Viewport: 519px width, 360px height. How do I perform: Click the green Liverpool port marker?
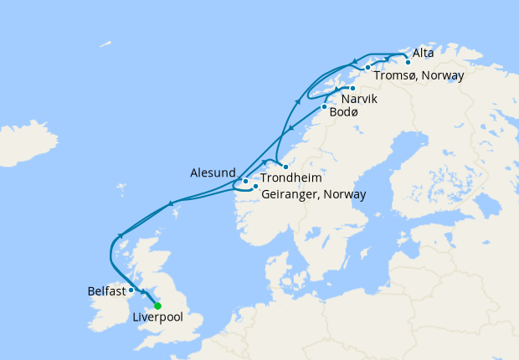click(157, 306)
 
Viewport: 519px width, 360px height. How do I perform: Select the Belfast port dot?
click(131, 291)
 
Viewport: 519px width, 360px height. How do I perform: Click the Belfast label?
click(106, 291)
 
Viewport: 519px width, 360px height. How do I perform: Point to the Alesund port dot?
click(245, 181)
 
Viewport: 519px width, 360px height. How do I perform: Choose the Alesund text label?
click(215, 172)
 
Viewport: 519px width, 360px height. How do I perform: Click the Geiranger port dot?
click(255, 187)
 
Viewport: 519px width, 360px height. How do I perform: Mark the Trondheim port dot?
click(285, 167)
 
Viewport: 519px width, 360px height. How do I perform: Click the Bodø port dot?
click(324, 106)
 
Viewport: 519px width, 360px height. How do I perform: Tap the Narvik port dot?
click(352, 88)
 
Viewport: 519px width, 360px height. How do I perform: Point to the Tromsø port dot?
click(367, 67)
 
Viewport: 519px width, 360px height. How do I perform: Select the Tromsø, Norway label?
click(419, 75)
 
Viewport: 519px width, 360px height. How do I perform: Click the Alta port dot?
click(408, 62)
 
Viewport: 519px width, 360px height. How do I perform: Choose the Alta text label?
click(424, 53)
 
